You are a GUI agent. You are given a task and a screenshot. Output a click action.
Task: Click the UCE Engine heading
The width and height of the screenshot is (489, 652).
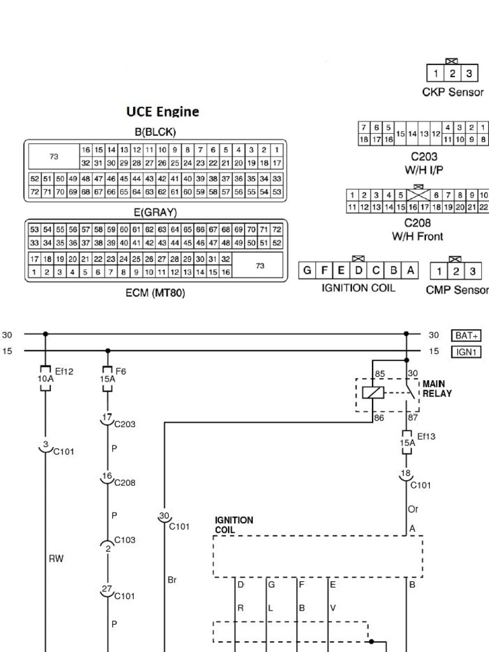[162, 112]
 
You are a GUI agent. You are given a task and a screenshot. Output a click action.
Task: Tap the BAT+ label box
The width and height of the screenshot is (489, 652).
[466, 335]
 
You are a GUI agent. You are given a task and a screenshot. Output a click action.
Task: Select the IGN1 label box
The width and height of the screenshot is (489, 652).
[466, 351]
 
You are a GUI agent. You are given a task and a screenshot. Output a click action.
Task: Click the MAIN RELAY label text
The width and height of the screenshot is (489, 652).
[437, 388]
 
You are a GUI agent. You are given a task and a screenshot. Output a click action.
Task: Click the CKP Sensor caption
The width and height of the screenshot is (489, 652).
[453, 92]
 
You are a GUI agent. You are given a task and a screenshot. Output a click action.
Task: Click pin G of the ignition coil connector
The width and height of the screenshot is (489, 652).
[307, 271]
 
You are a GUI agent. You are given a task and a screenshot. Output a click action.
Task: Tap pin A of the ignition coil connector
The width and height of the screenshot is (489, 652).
[411, 271]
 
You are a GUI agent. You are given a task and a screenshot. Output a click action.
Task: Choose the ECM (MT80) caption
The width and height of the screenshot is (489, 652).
[155, 294]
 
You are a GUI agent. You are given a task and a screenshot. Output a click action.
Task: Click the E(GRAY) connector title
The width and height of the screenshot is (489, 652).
[155, 212]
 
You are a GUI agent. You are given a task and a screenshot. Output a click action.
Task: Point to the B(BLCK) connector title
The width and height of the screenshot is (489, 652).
[155, 132]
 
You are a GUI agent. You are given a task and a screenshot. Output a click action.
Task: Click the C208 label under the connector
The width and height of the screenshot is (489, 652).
[418, 223]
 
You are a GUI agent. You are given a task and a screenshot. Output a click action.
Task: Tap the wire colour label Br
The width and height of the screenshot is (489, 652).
[171, 579]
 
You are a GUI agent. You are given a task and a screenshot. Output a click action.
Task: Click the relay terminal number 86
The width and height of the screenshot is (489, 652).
[379, 418]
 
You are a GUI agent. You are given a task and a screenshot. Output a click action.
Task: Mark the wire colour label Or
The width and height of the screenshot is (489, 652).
[413, 509]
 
